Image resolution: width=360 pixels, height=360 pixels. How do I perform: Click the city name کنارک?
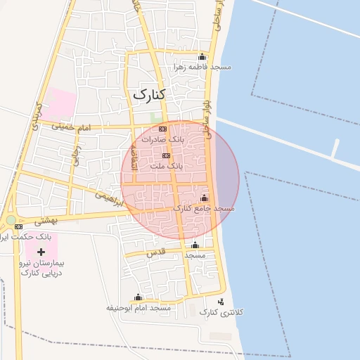[148, 94]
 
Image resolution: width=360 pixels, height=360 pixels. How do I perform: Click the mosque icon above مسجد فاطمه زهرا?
[202, 57]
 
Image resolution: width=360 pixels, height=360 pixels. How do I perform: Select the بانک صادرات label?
[162, 139]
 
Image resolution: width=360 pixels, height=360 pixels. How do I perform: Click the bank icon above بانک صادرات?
[162, 129]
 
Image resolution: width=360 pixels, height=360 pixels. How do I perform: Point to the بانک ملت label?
[167, 166]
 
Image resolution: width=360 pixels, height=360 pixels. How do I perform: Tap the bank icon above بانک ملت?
[166, 156]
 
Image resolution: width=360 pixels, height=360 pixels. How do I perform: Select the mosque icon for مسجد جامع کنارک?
[205, 198]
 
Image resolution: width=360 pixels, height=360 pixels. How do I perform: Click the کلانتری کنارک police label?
[221, 311]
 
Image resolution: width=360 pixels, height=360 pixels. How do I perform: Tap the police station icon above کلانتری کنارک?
[221, 302]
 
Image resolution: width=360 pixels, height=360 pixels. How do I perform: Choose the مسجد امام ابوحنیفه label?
[139, 308]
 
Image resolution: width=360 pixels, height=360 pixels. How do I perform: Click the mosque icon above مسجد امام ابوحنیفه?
[138, 297]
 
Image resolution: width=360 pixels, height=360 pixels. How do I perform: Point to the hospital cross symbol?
[41, 251]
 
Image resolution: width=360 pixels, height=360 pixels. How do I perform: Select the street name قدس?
[155, 251]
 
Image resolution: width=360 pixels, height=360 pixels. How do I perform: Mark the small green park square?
[155, 117]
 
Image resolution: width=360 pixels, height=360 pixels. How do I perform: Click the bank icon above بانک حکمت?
[18, 226]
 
